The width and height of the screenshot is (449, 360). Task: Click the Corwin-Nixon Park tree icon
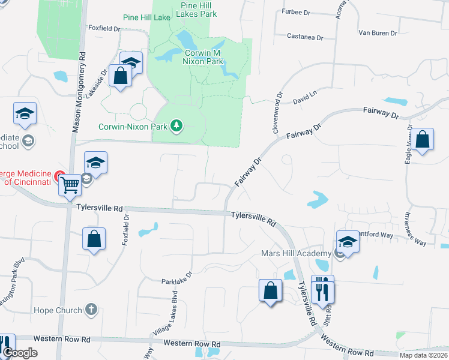176,125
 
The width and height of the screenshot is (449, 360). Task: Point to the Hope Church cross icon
91,310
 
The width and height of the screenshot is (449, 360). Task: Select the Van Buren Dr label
378,32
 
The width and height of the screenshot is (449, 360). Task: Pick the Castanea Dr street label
304,37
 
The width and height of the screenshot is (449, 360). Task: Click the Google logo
20,353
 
